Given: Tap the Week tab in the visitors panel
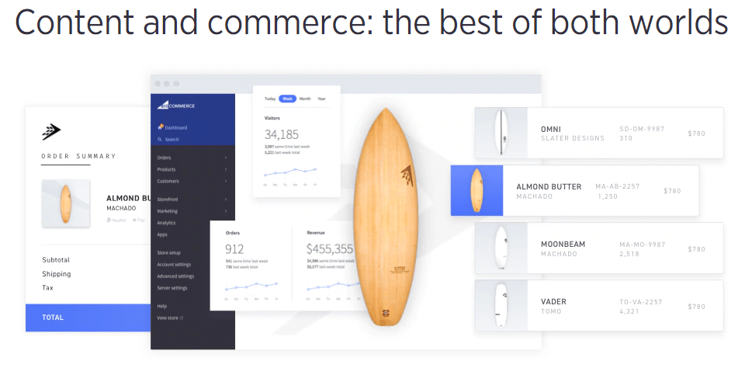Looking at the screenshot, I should click(x=287, y=99).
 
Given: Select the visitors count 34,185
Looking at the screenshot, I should click(x=282, y=134).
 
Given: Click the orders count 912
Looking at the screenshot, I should click(x=234, y=249).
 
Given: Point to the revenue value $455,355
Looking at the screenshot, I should click(x=329, y=249).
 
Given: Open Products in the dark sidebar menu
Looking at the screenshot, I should click(x=166, y=169).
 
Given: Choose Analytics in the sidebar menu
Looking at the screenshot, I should click(x=166, y=223).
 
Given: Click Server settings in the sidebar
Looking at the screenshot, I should click(x=172, y=288).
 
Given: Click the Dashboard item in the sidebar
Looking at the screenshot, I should click(x=175, y=127).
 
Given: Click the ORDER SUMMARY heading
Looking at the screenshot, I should click(x=78, y=156).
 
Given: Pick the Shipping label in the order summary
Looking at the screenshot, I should click(x=56, y=274).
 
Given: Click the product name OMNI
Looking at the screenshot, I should click(x=551, y=129).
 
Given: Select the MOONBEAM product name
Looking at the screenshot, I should click(x=563, y=244).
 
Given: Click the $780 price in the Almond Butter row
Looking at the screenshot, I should click(x=672, y=191).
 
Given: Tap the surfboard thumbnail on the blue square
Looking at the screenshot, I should click(x=476, y=190).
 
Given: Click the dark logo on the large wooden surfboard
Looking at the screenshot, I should click(x=406, y=172).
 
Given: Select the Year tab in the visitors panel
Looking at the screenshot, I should click(x=321, y=99).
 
